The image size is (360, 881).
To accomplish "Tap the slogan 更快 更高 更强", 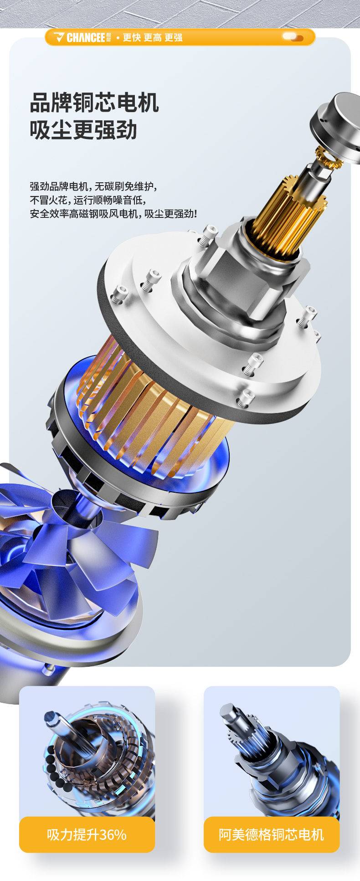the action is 153,37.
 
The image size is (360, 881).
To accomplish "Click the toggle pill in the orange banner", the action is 293,37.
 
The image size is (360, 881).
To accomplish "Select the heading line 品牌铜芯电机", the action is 94,103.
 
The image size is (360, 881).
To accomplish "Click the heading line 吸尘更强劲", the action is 83,130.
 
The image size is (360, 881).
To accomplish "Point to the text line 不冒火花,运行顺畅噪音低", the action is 88,200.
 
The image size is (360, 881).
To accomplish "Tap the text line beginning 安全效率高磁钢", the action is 113,214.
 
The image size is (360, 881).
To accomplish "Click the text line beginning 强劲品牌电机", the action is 93,186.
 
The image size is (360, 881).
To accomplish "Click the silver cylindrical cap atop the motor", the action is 337,125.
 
